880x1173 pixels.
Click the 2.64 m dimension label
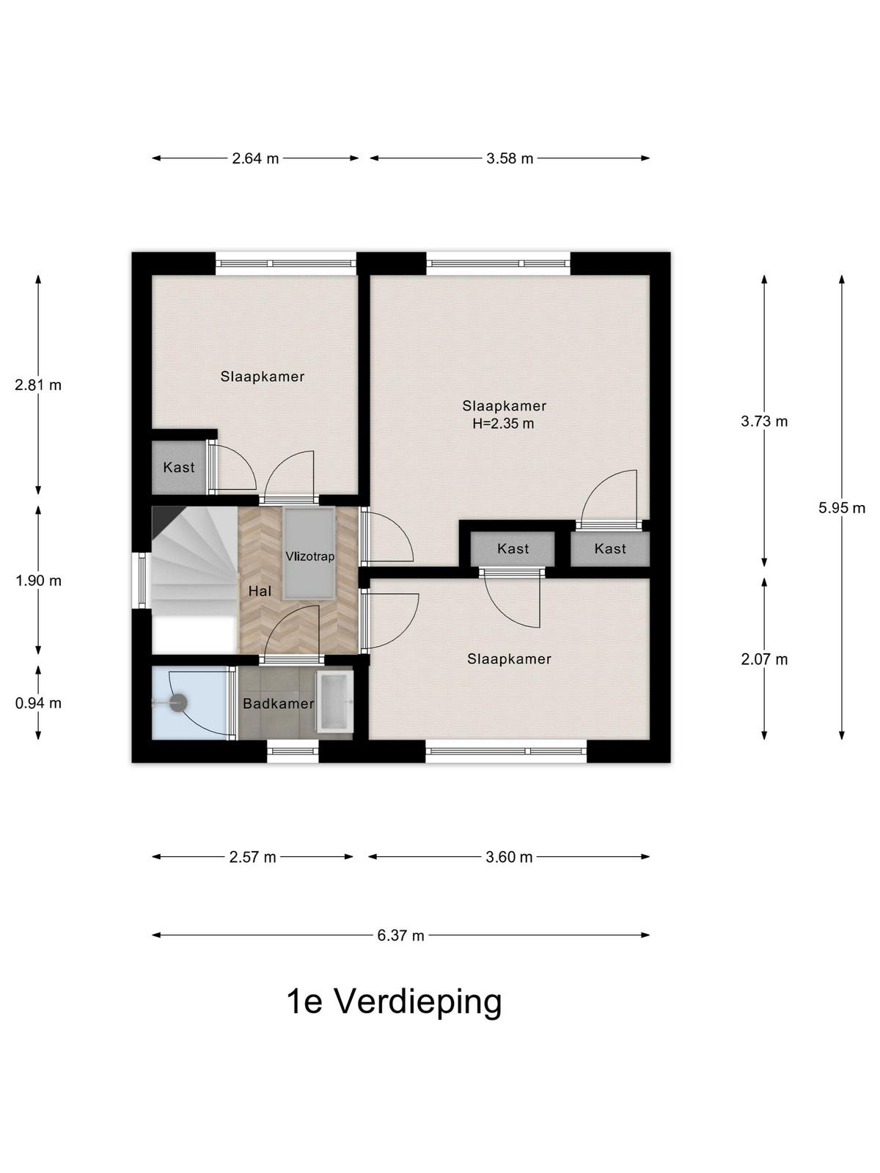click(x=255, y=158)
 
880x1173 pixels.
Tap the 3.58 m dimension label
click(x=509, y=158)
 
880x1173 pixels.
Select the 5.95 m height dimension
click(x=842, y=507)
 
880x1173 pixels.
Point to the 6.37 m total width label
click(x=400, y=935)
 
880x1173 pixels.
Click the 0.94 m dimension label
click(x=38, y=703)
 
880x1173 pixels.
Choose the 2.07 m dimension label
click(x=764, y=659)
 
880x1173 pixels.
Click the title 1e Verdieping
click(x=395, y=1002)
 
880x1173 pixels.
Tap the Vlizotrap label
click(x=310, y=556)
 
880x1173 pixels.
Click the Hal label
click(x=260, y=591)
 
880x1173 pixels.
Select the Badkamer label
click(x=279, y=704)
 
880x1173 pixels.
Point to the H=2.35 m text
click(x=503, y=424)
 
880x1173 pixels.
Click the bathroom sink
click(x=335, y=702)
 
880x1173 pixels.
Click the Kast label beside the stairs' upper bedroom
click(x=179, y=468)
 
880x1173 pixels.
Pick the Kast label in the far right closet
click(x=610, y=549)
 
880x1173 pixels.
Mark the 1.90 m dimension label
click(x=38, y=581)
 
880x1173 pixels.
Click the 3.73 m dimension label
click(x=764, y=422)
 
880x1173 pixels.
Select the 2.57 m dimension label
click(x=252, y=858)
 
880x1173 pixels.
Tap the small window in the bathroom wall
click(x=293, y=751)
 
